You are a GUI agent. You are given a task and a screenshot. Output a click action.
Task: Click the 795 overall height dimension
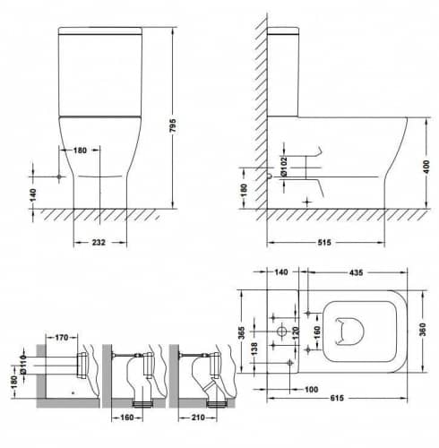[173, 125]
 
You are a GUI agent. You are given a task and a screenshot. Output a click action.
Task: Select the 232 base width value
[99, 242]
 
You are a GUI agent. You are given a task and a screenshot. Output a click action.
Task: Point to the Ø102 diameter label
[284, 166]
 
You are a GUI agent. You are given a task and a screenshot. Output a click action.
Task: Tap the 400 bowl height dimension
[426, 167]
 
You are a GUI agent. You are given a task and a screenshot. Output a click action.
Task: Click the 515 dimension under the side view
[324, 242]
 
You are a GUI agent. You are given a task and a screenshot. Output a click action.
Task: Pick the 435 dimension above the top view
[356, 272]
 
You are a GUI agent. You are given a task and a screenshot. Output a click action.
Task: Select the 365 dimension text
[242, 332]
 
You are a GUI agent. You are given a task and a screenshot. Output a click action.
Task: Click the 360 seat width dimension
[423, 330]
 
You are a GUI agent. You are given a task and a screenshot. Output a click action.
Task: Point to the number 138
[254, 349]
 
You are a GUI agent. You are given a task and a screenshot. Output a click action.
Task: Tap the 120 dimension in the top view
[295, 333]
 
